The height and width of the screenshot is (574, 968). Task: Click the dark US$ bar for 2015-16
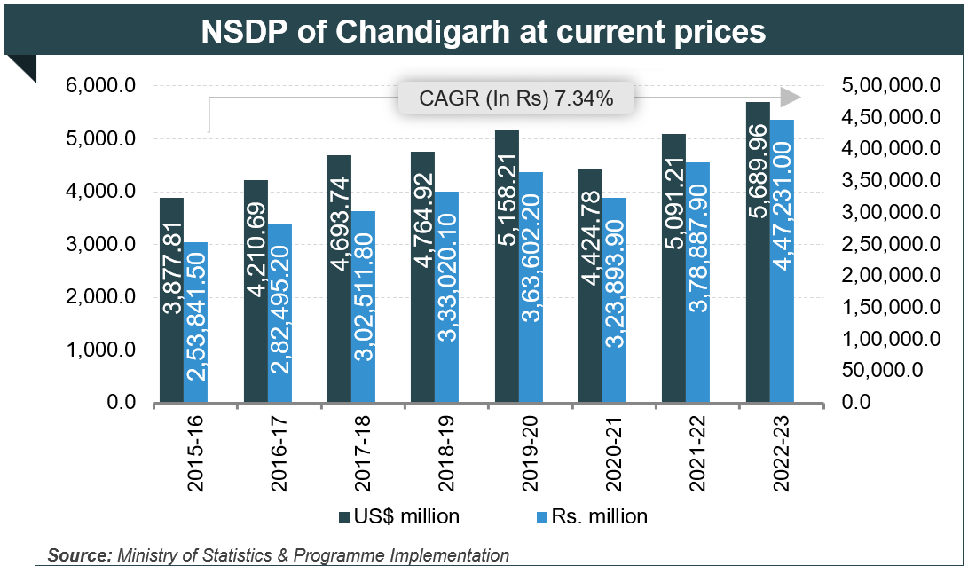tap(171, 302)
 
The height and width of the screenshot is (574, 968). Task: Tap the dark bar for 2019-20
tap(506, 266)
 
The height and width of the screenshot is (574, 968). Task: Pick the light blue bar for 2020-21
tap(614, 302)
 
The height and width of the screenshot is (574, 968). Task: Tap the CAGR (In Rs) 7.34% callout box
tap(515, 98)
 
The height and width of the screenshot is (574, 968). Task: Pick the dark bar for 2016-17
tap(256, 293)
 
